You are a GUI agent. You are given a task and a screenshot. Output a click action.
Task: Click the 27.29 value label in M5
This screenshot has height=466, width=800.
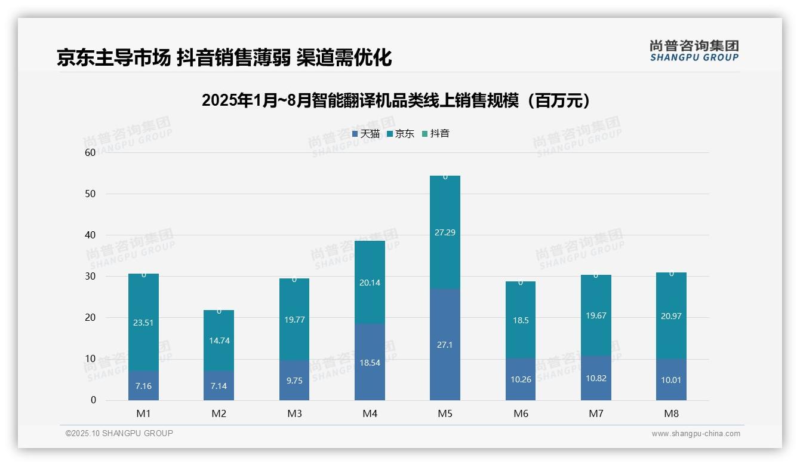pyautogui.click(x=445, y=232)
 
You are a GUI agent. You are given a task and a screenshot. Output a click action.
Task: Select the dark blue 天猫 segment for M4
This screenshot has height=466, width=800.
pyautogui.click(x=370, y=362)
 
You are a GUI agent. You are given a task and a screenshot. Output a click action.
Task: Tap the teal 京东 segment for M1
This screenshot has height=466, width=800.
pyautogui.click(x=143, y=323)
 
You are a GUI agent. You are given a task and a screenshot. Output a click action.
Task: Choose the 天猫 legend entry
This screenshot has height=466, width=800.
pyautogui.click(x=366, y=134)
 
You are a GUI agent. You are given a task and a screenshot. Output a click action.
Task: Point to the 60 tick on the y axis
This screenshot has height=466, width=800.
pyautogui.click(x=90, y=152)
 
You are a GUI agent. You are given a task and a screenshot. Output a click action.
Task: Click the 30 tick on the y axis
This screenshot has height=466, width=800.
pyautogui.click(x=90, y=276)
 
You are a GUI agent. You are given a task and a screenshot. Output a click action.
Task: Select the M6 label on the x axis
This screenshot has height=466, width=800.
pyautogui.click(x=521, y=413)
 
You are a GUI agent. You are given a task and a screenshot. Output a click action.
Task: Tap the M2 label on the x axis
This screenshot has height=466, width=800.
pyautogui.click(x=219, y=413)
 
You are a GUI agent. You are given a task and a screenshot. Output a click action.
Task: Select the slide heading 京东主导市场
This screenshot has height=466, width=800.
pyautogui.click(x=224, y=57)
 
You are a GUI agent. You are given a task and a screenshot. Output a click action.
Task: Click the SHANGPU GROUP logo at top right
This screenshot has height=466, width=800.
pyautogui.click(x=694, y=51)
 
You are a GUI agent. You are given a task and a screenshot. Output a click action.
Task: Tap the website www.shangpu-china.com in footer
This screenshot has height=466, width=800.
pyautogui.click(x=696, y=434)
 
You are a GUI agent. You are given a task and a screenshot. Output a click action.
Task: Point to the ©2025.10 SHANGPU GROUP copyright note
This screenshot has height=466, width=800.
pyautogui.click(x=119, y=433)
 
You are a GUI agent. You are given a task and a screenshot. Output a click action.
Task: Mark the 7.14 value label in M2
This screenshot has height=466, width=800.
pyautogui.click(x=219, y=386)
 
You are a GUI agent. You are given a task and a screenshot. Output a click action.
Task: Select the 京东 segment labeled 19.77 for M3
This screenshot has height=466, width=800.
pyautogui.click(x=294, y=320)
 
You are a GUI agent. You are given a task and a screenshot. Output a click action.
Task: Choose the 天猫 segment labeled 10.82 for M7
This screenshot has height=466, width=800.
pyautogui.click(x=596, y=378)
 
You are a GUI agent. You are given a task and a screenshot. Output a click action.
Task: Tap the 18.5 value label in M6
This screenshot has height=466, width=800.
pyautogui.click(x=521, y=320)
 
